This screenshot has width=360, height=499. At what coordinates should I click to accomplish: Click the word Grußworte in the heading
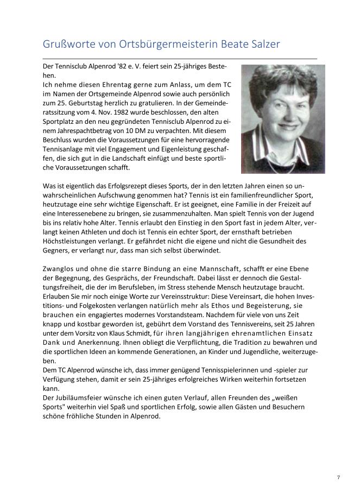point(67,45)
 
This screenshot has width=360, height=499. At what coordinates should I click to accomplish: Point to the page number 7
point(339,477)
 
